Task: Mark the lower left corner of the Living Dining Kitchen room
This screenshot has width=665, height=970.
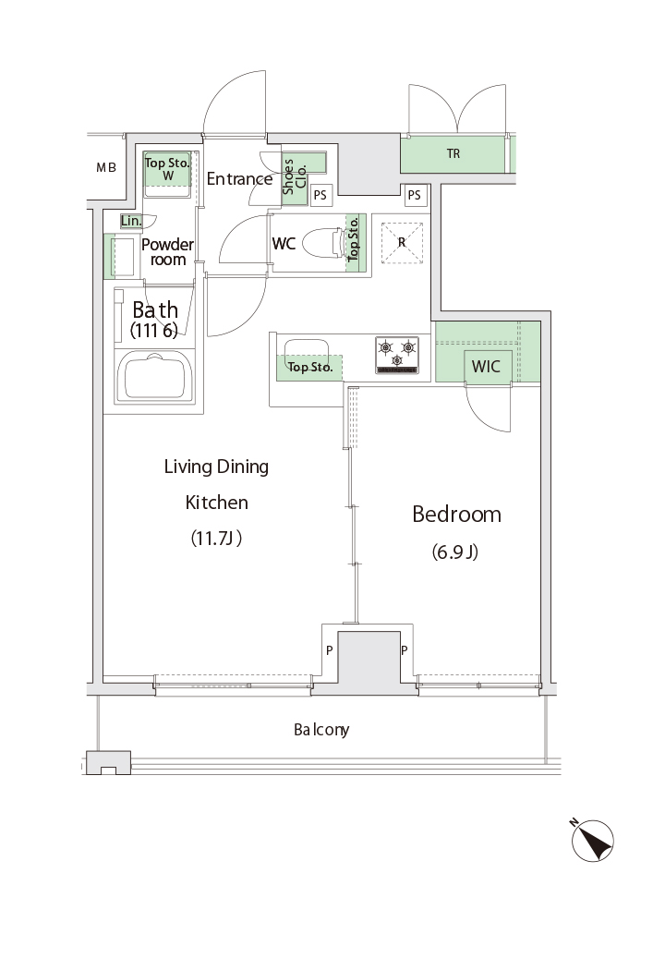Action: click(103, 676)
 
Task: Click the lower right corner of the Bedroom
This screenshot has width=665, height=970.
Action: click(540, 676)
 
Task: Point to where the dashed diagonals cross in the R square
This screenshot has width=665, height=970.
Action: click(402, 242)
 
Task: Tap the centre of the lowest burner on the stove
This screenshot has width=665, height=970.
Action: click(397, 359)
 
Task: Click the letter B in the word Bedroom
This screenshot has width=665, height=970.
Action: click(418, 515)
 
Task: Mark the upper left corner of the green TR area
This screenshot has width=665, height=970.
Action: click(402, 137)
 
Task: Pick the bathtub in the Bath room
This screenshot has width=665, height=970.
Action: click(154, 377)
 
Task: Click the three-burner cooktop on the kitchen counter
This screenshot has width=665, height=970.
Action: click(397, 355)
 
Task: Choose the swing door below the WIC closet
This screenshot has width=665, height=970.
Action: click(488, 407)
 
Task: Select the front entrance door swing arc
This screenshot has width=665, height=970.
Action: click(236, 103)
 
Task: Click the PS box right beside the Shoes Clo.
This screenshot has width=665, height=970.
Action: click(320, 195)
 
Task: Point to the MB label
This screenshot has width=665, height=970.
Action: click(106, 167)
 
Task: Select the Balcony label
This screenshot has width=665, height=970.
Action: click(321, 730)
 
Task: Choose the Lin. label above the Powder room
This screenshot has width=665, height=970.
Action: click(131, 221)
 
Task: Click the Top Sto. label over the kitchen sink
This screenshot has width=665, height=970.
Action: click(310, 367)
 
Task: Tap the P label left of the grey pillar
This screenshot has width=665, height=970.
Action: click(330, 650)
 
